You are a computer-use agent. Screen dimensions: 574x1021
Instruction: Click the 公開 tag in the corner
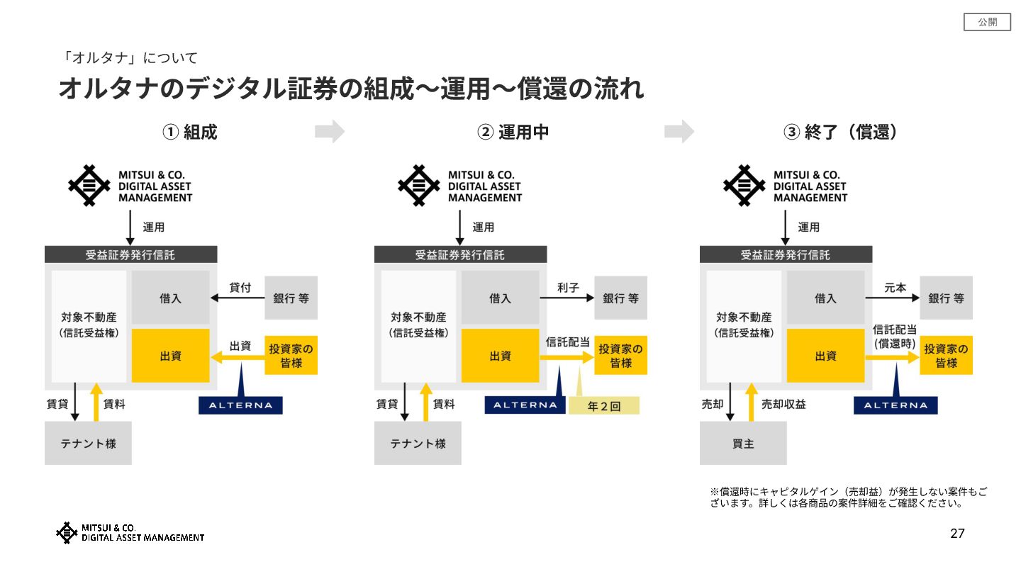point(987,22)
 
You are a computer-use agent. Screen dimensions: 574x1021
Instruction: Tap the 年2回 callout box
point(604,406)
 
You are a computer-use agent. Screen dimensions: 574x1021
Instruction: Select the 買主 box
point(743,444)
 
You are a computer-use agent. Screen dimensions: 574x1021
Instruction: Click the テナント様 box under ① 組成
point(88,444)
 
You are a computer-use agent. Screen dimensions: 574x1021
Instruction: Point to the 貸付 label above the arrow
point(240,288)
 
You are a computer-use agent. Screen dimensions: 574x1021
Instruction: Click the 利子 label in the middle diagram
point(568,288)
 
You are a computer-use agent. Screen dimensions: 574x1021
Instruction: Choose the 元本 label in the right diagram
point(896,288)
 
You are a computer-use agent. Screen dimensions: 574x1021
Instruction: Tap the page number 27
point(957,534)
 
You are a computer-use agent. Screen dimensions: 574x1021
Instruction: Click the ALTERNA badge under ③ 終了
point(896,405)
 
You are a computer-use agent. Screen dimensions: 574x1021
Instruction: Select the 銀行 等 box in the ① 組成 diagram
point(291,298)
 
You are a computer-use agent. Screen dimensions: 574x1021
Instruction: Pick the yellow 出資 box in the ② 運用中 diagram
point(500,356)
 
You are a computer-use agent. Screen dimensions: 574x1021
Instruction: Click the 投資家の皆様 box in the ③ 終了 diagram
point(946,356)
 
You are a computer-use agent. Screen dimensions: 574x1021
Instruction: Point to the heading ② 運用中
point(513,132)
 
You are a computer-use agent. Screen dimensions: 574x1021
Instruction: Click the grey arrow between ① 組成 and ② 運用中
point(330,131)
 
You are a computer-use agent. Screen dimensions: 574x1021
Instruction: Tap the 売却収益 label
point(783,404)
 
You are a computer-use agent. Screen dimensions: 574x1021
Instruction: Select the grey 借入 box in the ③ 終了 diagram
point(825,298)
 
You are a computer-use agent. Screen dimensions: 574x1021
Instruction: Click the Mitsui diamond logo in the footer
point(67,533)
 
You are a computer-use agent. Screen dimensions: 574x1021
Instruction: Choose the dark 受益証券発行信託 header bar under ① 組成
point(130,255)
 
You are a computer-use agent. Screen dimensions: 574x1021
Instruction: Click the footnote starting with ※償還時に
point(849,497)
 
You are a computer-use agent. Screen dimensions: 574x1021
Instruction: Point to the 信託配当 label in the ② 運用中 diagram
point(568,342)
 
